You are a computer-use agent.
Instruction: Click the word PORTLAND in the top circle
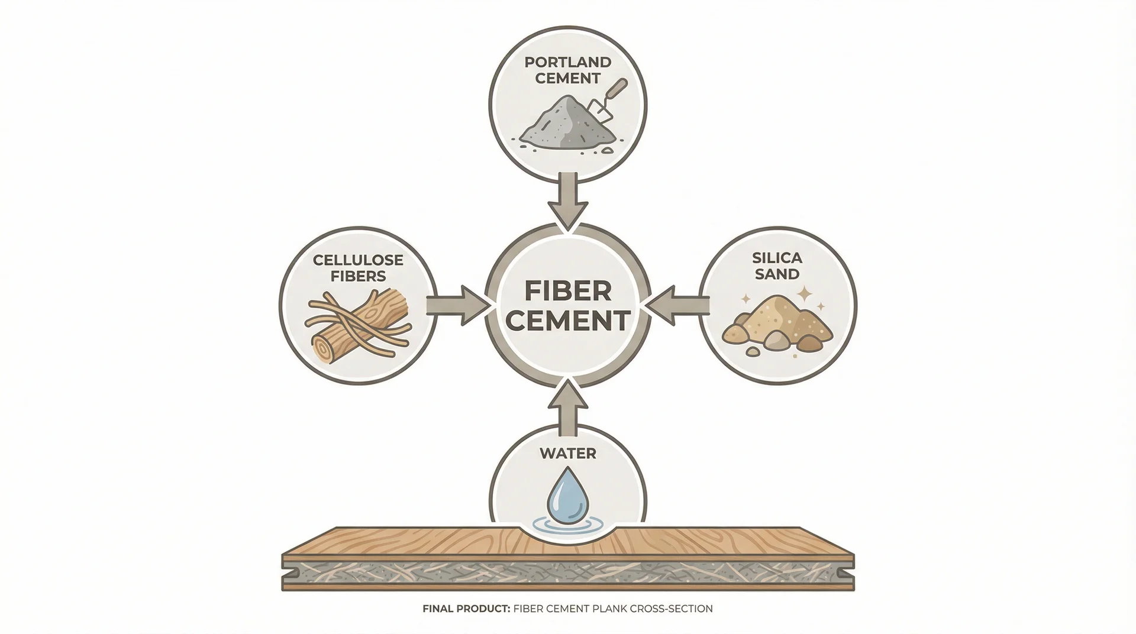coord(567,62)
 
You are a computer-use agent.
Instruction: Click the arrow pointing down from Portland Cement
coord(567,200)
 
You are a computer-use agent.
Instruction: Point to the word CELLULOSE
coord(358,260)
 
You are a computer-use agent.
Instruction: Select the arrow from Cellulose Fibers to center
coord(458,306)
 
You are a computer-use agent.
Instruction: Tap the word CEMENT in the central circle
coord(567,321)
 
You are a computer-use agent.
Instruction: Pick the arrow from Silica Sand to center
coord(677,306)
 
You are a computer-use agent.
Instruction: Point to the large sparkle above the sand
coord(805,293)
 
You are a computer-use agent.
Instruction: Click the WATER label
coord(567,454)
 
